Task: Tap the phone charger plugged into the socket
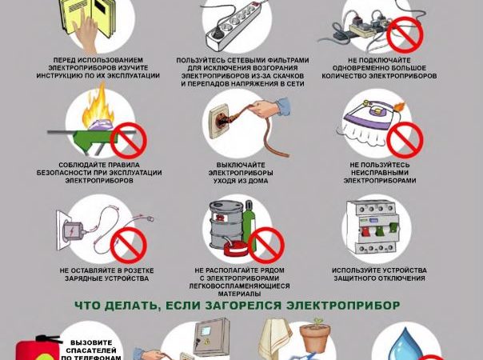(x=68, y=231)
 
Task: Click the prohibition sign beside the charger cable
(x=128, y=245)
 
